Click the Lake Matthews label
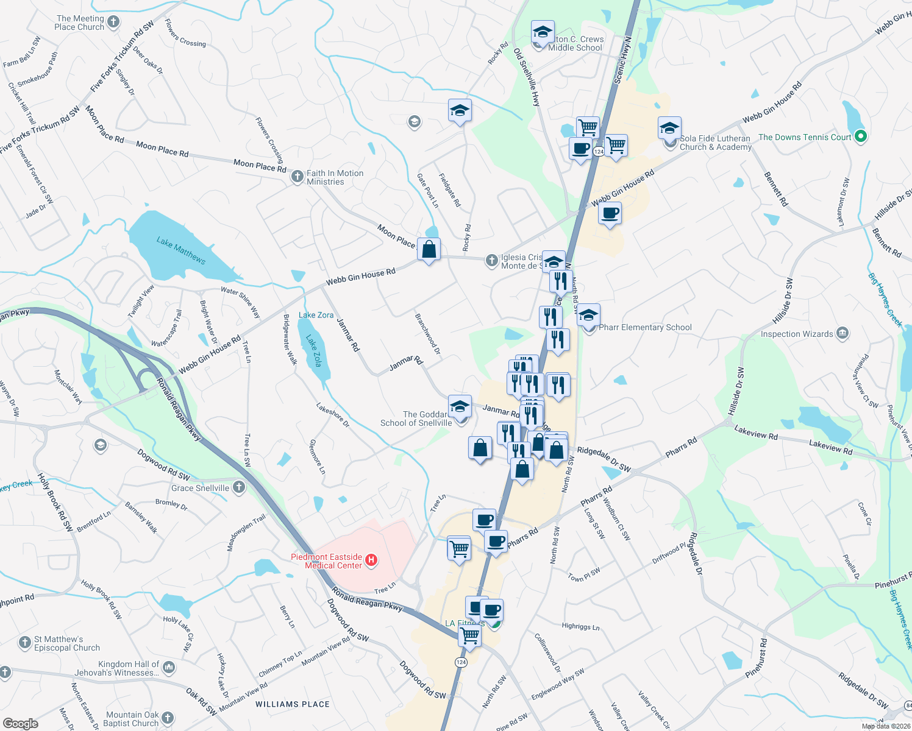click(180, 250)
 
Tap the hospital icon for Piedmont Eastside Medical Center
click(371, 559)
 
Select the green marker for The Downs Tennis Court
click(861, 136)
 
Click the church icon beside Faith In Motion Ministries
click(297, 177)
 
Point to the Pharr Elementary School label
click(645, 328)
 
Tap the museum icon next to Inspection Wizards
click(843, 333)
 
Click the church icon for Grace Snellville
click(239, 487)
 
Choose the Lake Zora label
click(316, 315)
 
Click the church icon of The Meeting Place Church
click(113, 23)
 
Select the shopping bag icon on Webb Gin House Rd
click(429, 250)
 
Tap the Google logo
click(21, 723)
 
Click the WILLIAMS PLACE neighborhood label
click(293, 704)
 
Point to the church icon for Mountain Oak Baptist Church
click(168, 718)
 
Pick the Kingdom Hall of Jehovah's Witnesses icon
click(169, 668)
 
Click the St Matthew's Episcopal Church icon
click(25, 643)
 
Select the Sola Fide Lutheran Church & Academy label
click(716, 143)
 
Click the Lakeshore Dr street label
click(333, 414)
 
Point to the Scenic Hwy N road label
click(623, 60)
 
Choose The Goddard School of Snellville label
click(416, 418)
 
